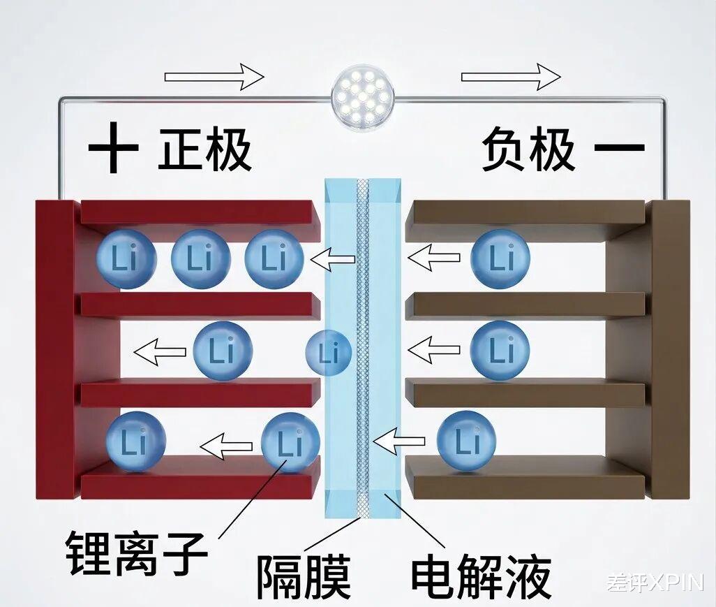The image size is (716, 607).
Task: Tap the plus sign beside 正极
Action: pos(114,149)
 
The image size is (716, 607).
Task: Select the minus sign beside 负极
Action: pos(619,147)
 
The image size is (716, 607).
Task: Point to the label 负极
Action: pos(528,149)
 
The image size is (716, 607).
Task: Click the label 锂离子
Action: pos(137,551)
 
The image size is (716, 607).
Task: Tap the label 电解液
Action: pos(481,576)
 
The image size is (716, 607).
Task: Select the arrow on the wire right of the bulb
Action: pos(511,76)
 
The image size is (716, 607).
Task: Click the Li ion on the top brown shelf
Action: pos(500,259)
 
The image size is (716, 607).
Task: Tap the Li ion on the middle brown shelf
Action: pos(500,349)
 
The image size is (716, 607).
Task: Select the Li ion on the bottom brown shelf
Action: pos(466,440)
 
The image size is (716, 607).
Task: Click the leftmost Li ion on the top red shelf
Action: pos(126,259)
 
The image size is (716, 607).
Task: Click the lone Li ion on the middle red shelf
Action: pos(223,351)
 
